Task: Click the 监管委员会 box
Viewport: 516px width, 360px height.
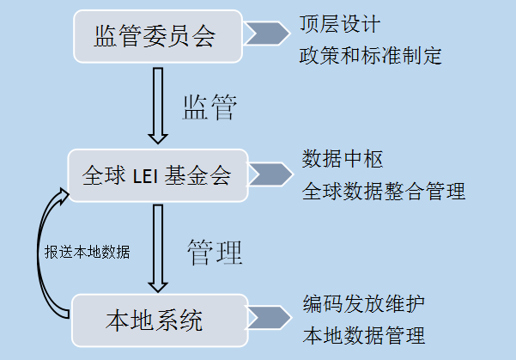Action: (155, 36)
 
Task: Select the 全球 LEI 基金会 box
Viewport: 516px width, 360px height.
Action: (157, 176)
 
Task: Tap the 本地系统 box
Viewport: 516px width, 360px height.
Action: (155, 321)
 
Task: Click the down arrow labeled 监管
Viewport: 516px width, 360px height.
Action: (156, 105)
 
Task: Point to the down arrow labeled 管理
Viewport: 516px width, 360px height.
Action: (156, 249)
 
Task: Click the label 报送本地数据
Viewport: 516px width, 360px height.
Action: (88, 253)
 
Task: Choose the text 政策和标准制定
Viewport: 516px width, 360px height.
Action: (370, 56)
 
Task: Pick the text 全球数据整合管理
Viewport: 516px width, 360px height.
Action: (384, 191)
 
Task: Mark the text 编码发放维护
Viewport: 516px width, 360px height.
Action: (363, 303)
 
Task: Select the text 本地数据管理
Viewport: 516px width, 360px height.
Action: (363, 333)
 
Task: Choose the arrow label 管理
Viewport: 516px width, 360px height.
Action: (215, 251)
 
